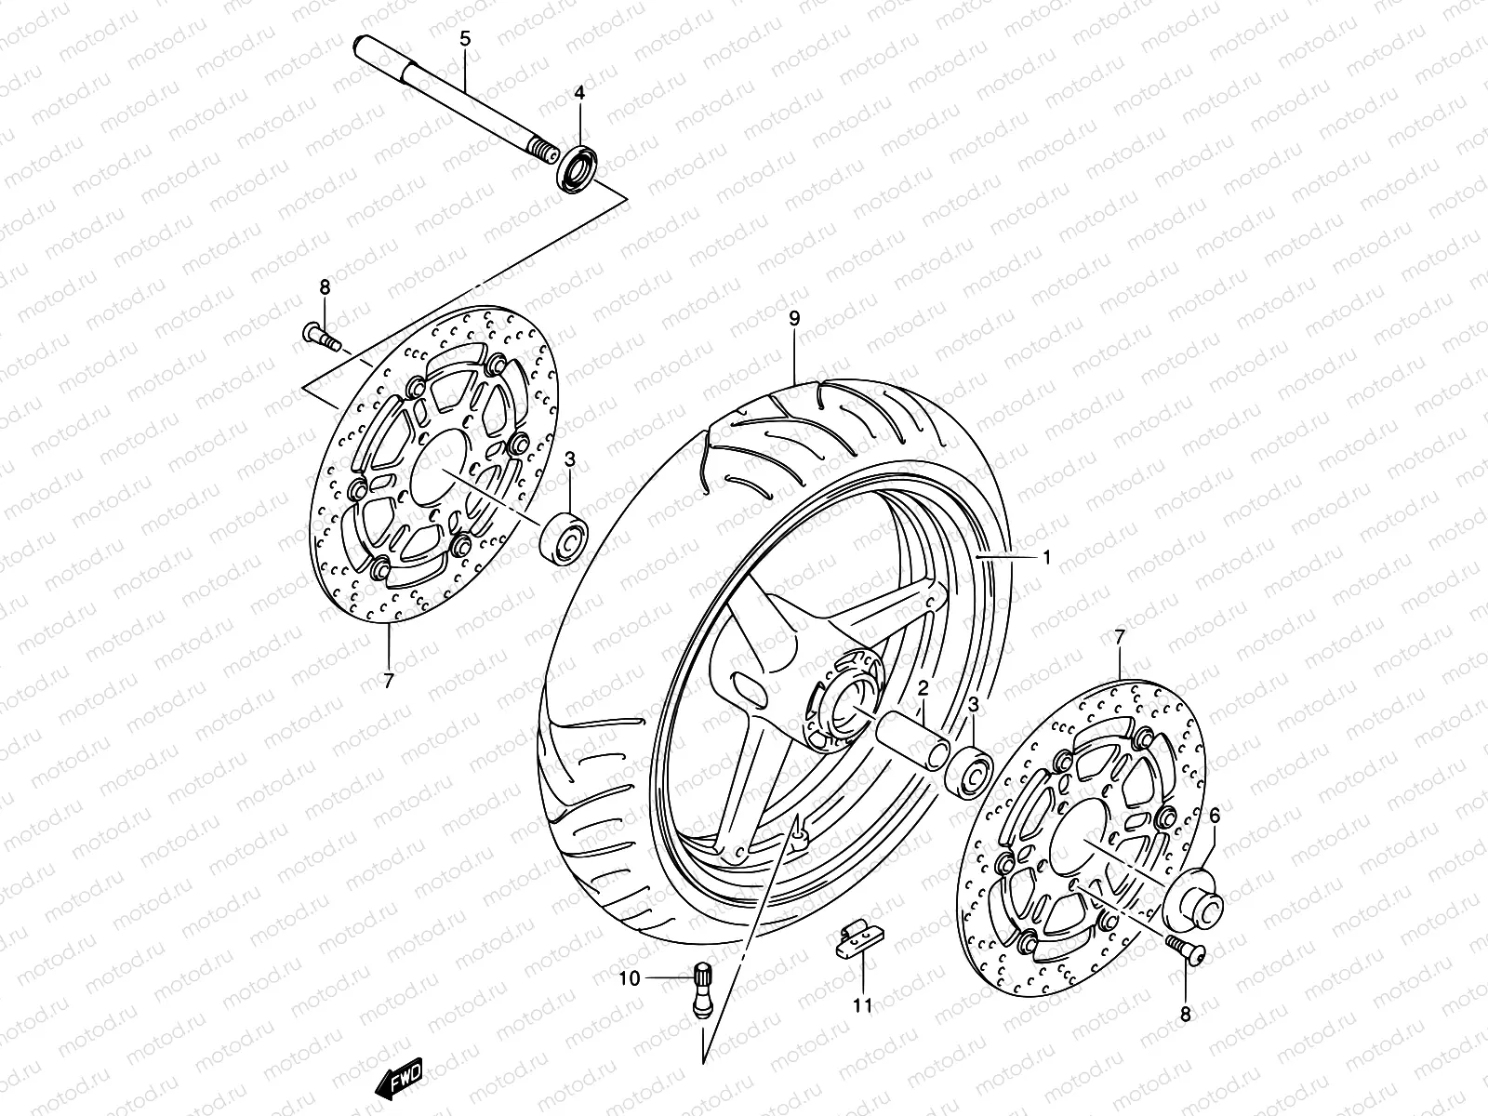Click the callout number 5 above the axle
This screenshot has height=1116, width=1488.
pyautogui.click(x=465, y=39)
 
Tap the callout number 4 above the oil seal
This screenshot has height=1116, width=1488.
pyautogui.click(x=579, y=93)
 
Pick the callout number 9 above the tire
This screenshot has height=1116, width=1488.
pyautogui.click(x=794, y=319)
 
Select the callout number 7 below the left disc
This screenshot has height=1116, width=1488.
pyautogui.click(x=389, y=680)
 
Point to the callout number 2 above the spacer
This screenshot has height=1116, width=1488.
pyautogui.click(x=923, y=689)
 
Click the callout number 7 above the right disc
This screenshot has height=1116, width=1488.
pyautogui.click(x=1120, y=638)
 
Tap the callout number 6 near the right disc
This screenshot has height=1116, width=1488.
pyautogui.click(x=1214, y=817)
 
